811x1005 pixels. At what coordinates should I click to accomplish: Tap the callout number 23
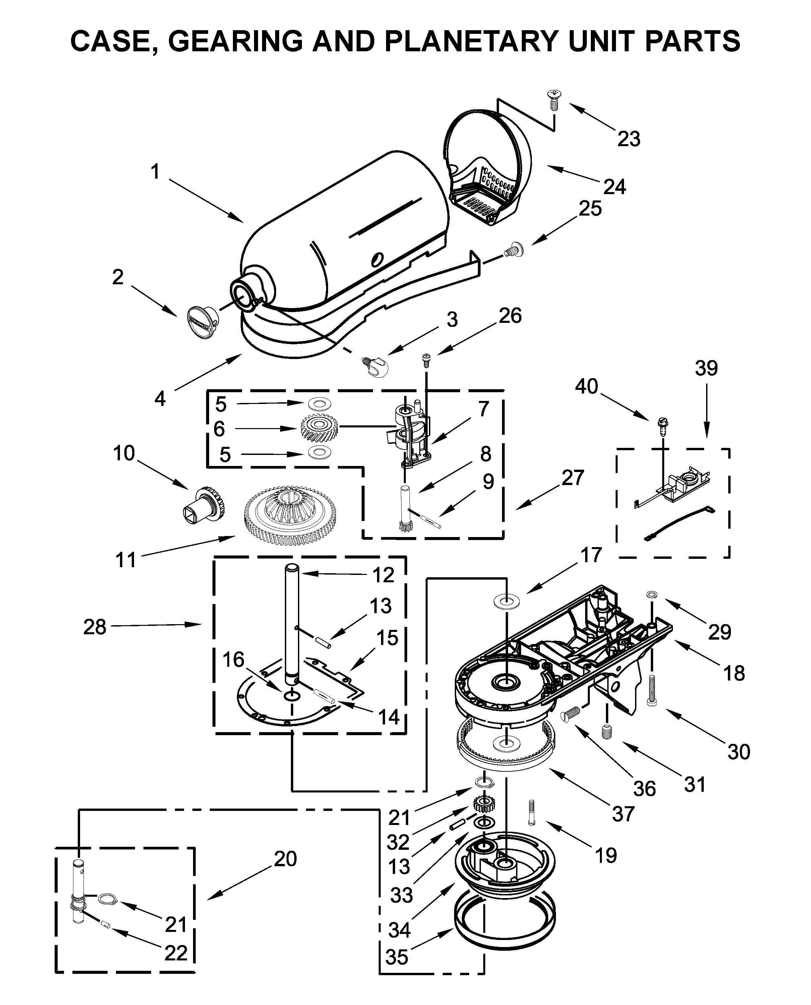coord(628,139)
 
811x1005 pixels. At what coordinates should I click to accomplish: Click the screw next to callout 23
coord(554,100)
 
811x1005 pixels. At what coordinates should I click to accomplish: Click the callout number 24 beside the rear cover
coord(614,187)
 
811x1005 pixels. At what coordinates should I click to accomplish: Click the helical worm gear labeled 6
coord(319,427)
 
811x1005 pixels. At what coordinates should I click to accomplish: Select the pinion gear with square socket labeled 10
coord(204,504)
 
